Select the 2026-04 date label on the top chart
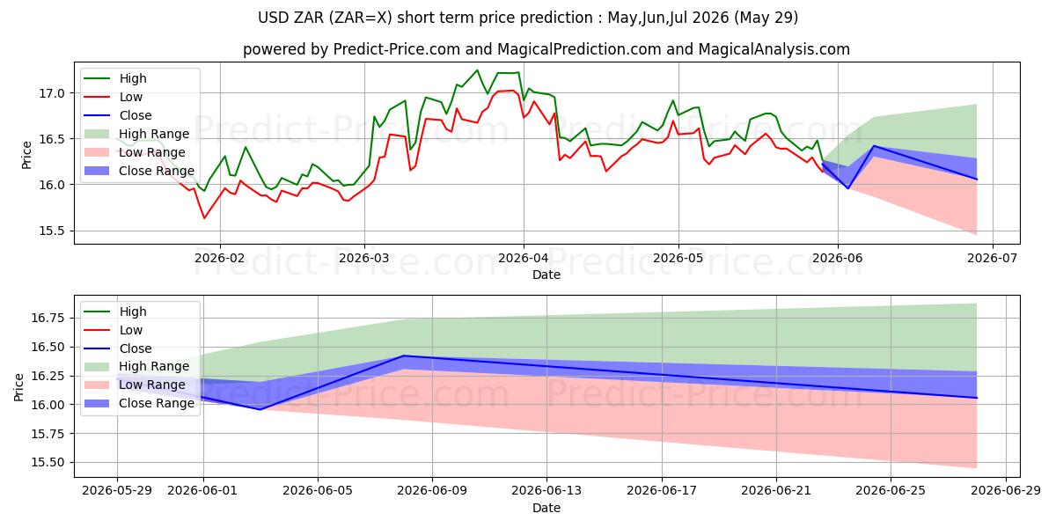(524, 259)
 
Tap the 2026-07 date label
(993, 259)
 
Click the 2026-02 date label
(220, 259)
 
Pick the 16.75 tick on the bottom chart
(48, 318)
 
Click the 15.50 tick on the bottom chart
(48, 463)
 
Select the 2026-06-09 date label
(432, 491)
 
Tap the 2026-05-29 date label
(117, 491)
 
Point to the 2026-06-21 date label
(776, 491)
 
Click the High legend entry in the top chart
(133, 78)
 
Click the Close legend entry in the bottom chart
(136, 348)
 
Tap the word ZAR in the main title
(309, 18)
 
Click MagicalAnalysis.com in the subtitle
(774, 49)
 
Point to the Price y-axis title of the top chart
(26, 155)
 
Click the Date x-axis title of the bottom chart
(546, 509)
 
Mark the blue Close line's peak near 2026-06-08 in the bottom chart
(404, 356)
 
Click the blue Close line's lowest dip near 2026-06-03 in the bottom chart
(260, 409)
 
